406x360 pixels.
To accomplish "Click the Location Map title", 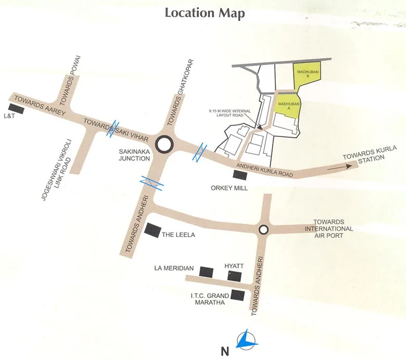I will (x=205, y=13).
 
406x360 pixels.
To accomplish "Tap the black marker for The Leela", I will (x=153, y=230).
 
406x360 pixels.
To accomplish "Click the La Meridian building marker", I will (x=206, y=271).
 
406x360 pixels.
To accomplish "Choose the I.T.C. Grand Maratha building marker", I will (x=237, y=295).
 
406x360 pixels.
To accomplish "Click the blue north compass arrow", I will (x=246, y=341).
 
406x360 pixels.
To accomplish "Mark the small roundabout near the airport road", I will (x=263, y=229).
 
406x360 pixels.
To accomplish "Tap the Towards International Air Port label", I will (x=329, y=228).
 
